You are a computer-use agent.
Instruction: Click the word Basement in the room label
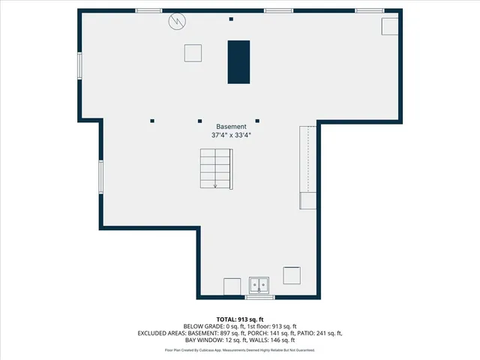click(x=230, y=127)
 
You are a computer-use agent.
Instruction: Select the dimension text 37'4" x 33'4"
click(x=230, y=136)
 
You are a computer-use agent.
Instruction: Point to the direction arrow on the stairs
click(x=216, y=185)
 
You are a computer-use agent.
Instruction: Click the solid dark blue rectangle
click(x=239, y=61)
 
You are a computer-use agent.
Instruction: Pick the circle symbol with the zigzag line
click(x=177, y=21)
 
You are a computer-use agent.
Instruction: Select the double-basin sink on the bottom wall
click(x=259, y=286)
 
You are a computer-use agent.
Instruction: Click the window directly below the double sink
click(x=259, y=297)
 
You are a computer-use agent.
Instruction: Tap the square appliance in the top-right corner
click(x=390, y=26)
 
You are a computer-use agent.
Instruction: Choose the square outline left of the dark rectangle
click(x=193, y=52)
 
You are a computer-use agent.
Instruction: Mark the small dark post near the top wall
click(x=231, y=19)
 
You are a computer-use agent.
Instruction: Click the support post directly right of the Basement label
click(x=257, y=120)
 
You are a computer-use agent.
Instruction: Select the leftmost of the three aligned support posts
click(x=152, y=120)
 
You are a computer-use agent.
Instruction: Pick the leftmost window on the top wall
click(x=148, y=10)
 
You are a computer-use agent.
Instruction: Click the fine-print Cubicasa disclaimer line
click(x=239, y=350)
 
